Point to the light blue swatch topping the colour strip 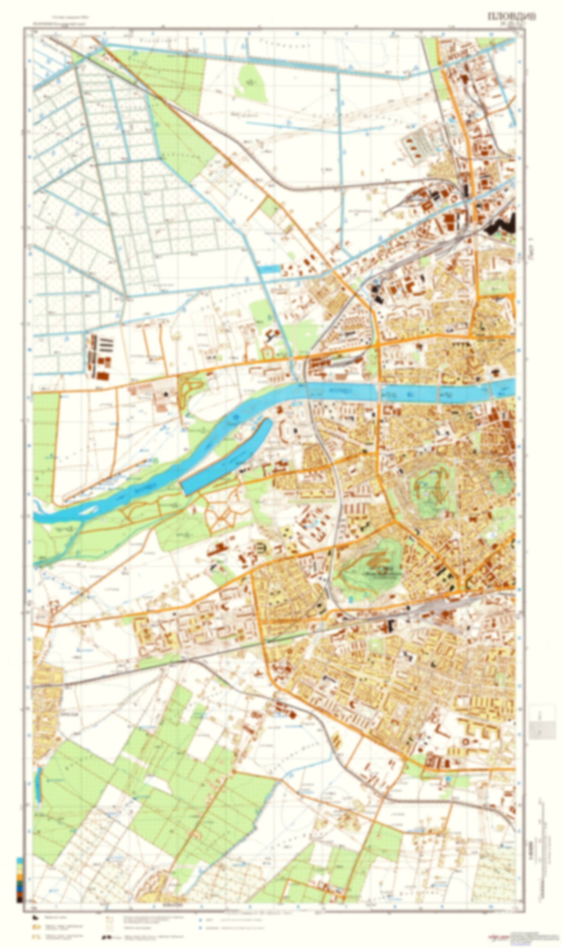pos(19,861)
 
